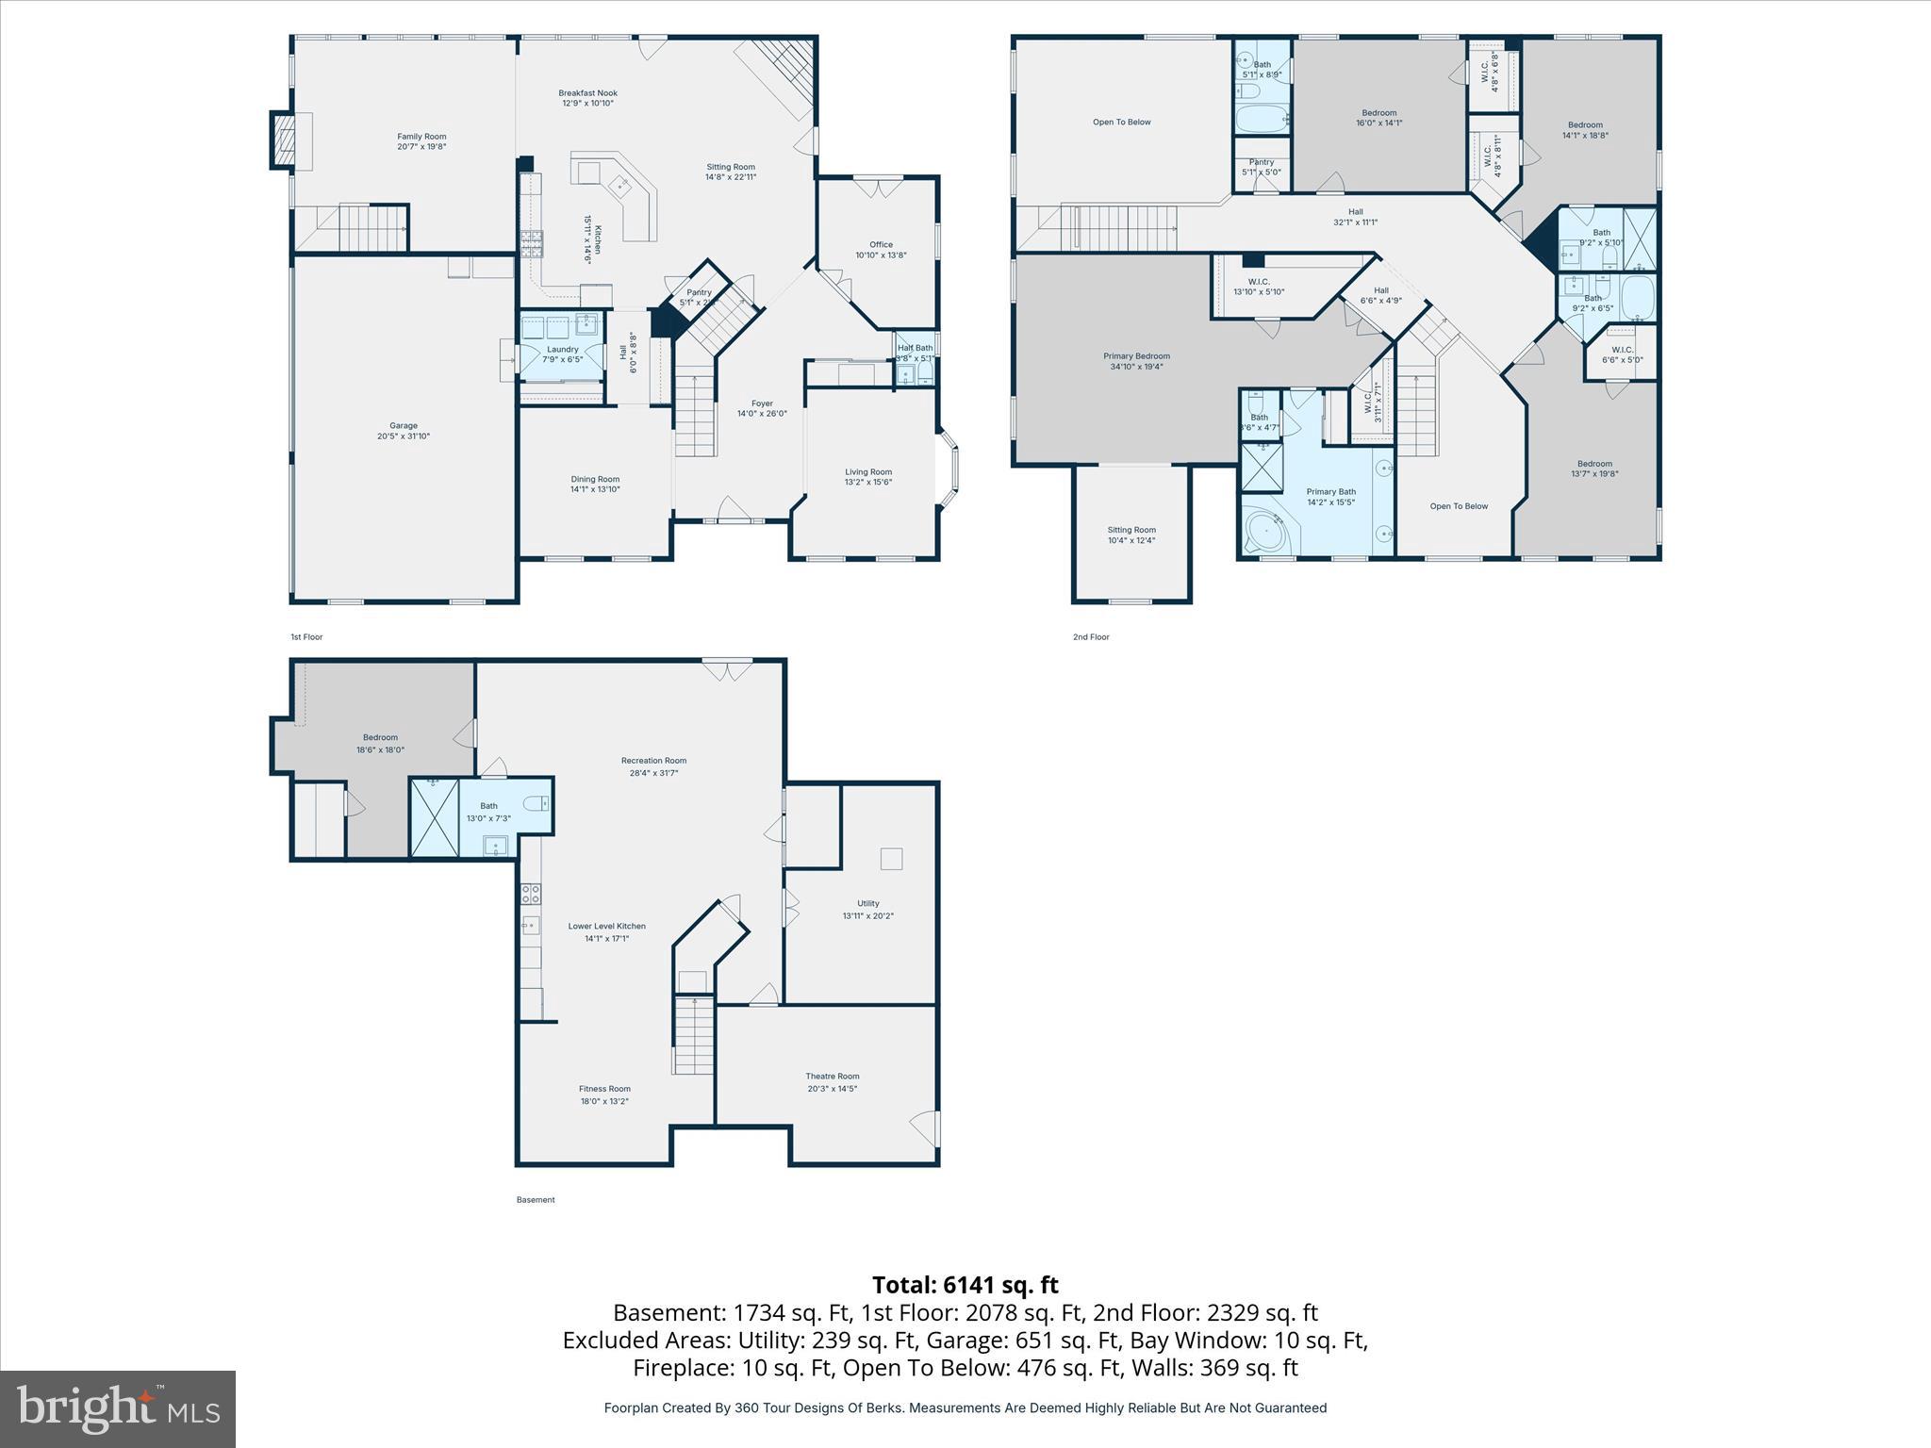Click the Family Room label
pos(421,137)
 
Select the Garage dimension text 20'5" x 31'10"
pos(404,436)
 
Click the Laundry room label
pos(563,349)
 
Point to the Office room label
pos(881,244)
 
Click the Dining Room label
pos(595,479)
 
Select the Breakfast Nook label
pos(587,92)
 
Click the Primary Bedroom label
pos(1136,356)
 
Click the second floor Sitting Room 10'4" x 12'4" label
pos(1131,530)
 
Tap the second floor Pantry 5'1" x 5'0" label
pos(1261,162)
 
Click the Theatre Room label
pos(832,1076)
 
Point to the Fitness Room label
pos(604,1089)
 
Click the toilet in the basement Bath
pos(536,803)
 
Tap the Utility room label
pos(867,903)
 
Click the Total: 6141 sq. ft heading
pos(965,1285)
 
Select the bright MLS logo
pos(118,1408)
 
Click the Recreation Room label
pos(653,761)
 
